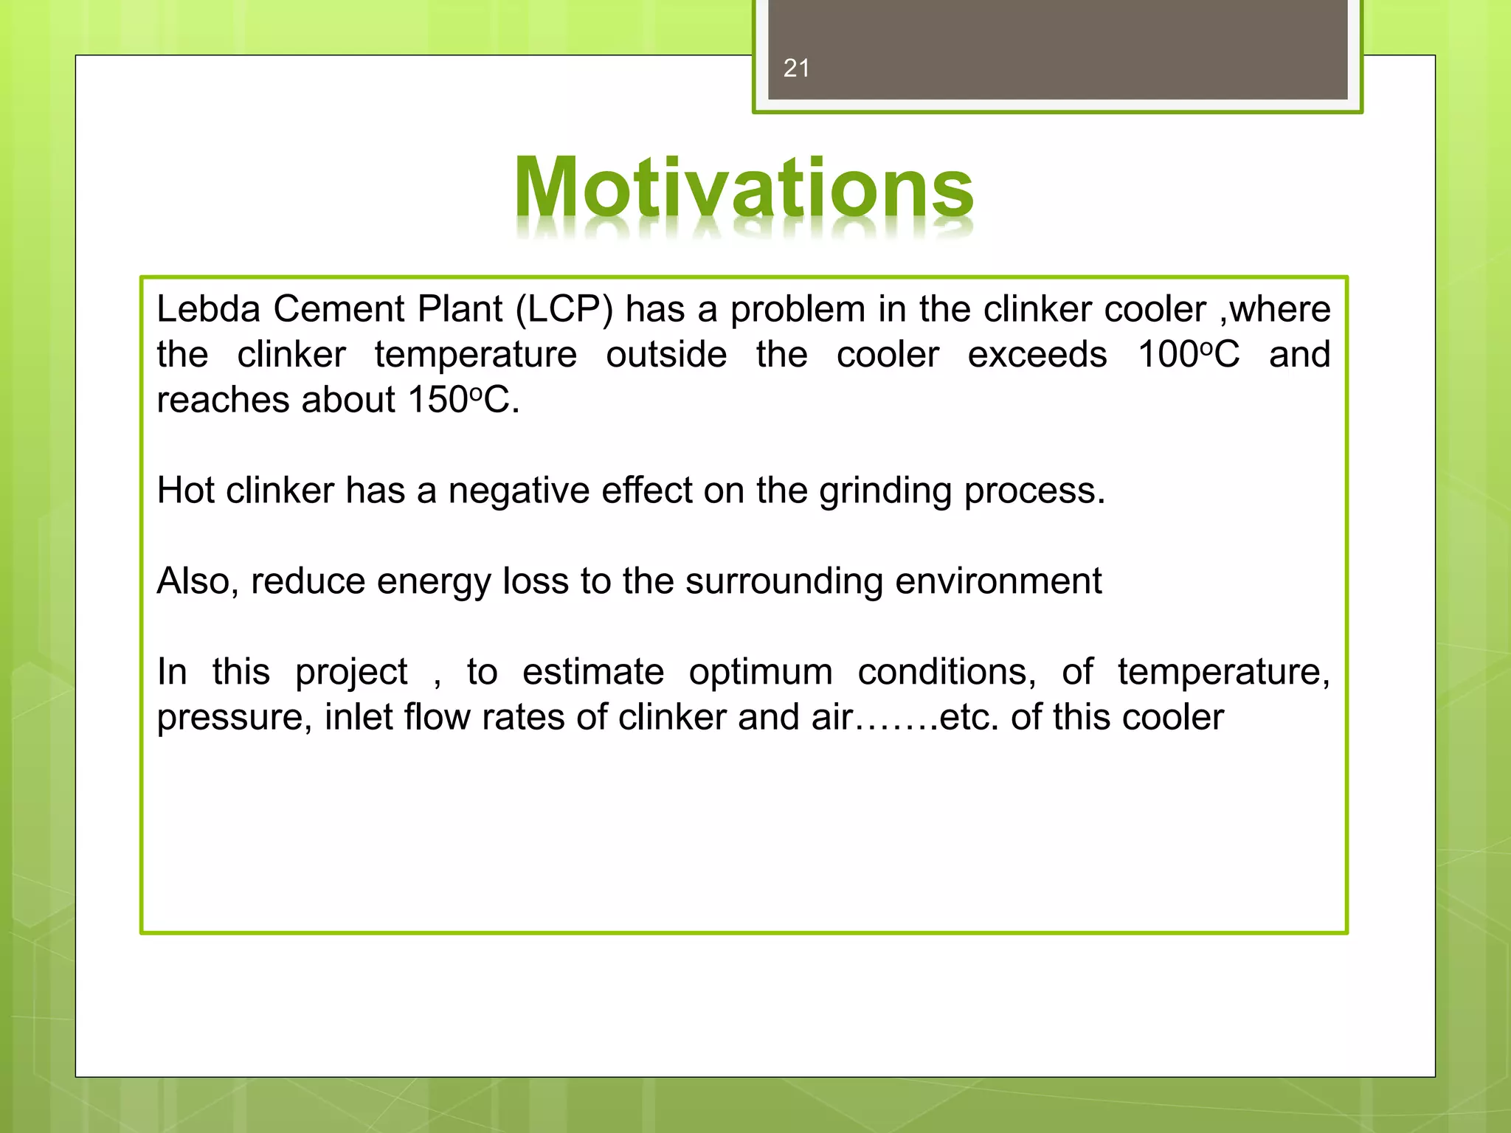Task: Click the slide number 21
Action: point(796,69)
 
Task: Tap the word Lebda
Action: point(209,308)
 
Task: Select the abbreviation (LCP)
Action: point(564,310)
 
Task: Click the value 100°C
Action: point(1189,355)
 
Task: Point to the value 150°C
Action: point(463,401)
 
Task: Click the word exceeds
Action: point(1037,355)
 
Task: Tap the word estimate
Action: point(593,672)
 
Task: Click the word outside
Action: point(666,355)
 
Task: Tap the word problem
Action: point(798,310)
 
